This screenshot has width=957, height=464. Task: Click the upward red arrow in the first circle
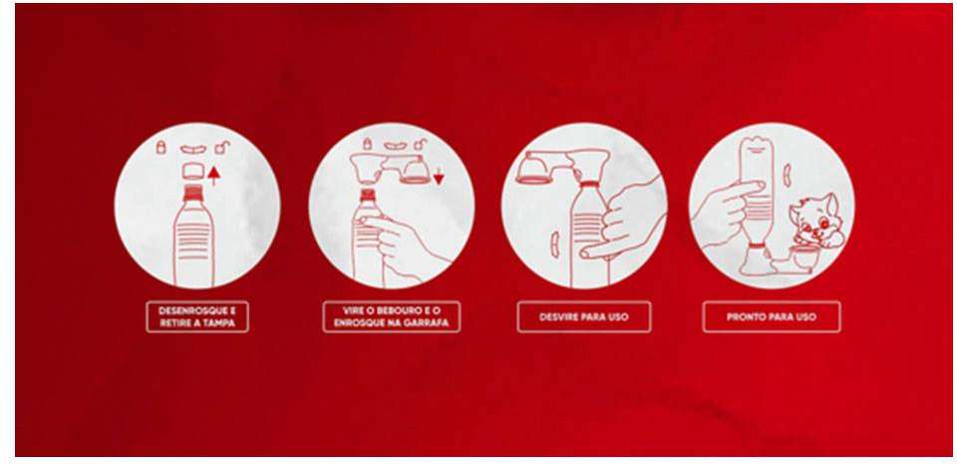pyautogui.click(x=213, y=176)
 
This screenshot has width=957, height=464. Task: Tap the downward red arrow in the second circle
pyautogui.click(x=439, y=179)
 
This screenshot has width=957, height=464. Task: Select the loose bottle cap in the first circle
pyautogui.click(x=192, y=170)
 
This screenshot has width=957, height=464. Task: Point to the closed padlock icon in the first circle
pyautogui.click(x=161, y=147)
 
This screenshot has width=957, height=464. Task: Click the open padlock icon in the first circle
pyautogui.click(x=224, y=147)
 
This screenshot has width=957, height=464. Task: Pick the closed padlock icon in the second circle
pyautogui.click(x=367, y=144)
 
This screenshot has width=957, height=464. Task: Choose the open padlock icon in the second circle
pyautogui.click(x=421, y=144)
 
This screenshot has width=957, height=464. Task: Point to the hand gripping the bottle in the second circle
pyautogui.click(x=397, y=241)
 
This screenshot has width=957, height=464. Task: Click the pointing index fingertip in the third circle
pyautogui.click(x=586, y=252)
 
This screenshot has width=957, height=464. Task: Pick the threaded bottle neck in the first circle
pyautogui.click(x=192, y=193)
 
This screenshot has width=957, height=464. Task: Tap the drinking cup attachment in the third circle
pyautogui.click(x=534, y=169)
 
